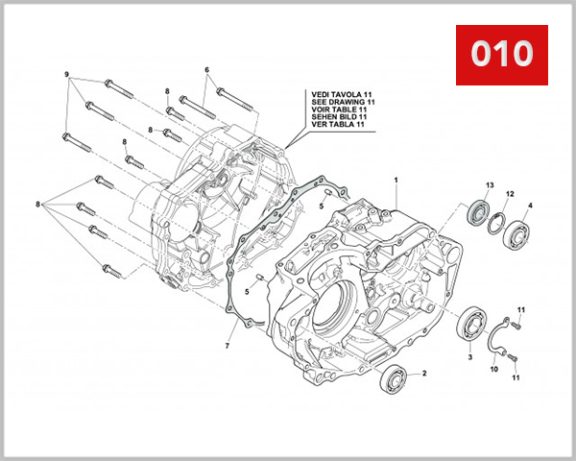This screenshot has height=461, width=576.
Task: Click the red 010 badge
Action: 499,54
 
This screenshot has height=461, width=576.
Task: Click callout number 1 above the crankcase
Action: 394,180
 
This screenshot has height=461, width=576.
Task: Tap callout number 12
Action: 511,194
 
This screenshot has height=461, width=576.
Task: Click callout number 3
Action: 470,356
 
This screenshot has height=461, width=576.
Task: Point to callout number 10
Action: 494,368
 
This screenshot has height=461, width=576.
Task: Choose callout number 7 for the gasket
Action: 228,344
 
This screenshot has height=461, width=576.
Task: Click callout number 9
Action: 66,75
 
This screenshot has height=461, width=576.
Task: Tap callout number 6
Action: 206,69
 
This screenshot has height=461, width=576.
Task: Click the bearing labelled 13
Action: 477,211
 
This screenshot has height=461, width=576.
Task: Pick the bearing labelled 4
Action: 519,232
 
